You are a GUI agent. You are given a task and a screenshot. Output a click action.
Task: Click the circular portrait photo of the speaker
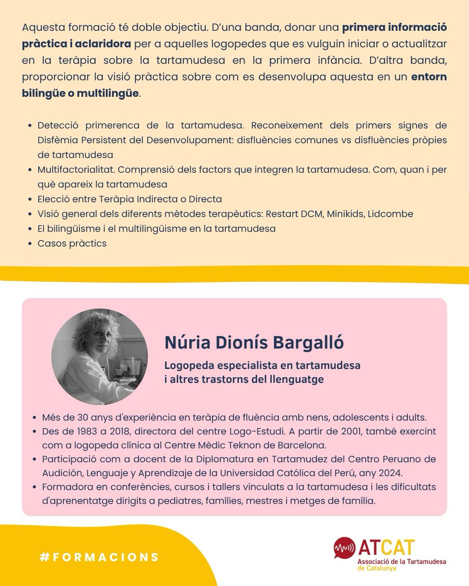(99, 357)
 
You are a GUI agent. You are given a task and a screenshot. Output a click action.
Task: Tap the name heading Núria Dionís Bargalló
(254, 342)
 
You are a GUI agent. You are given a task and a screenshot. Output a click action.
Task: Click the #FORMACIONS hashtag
(99, 557)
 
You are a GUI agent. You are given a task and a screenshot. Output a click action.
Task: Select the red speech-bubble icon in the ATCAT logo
(344, 548)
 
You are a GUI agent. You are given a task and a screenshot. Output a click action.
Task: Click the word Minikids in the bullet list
(344, 214)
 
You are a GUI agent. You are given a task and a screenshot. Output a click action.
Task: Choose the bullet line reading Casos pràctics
(72, 244)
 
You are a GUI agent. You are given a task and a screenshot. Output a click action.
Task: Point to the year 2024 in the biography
(391, 473)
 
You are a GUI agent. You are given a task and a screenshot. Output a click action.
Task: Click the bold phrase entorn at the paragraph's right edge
(429, 77)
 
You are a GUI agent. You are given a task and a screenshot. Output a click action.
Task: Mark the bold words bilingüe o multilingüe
(80, 93)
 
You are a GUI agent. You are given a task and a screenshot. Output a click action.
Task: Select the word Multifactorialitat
(76, 170)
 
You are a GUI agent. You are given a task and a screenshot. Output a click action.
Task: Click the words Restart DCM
(294, 214)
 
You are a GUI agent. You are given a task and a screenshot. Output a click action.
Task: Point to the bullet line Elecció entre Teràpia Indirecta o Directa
(129, 199)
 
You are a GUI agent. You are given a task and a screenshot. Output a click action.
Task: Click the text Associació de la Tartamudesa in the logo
(402, 562)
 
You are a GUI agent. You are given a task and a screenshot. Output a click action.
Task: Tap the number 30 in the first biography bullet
(83, 418)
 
